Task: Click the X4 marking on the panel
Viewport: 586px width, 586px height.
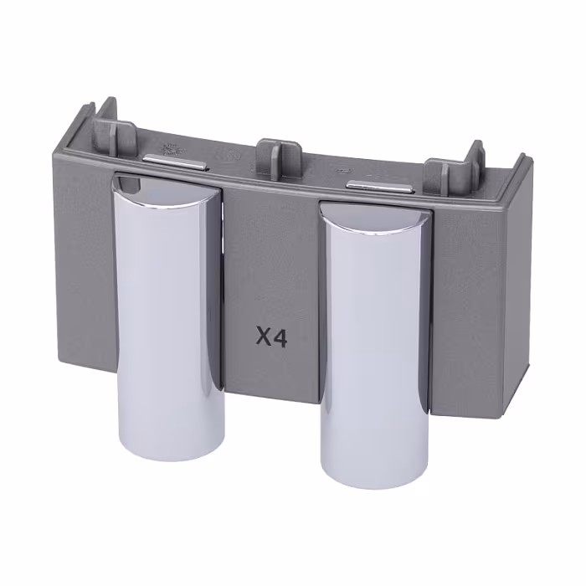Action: click(272, 338)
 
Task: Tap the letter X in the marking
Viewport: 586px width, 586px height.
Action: click(264, 338)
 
